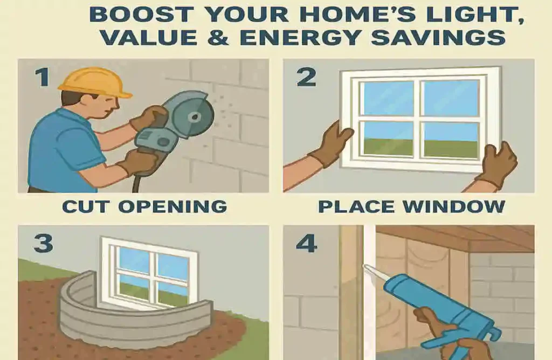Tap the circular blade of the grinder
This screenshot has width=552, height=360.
tap(195, 115)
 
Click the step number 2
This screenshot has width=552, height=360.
tap(306, 77)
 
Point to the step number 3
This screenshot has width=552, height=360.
tap(43, 243)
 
